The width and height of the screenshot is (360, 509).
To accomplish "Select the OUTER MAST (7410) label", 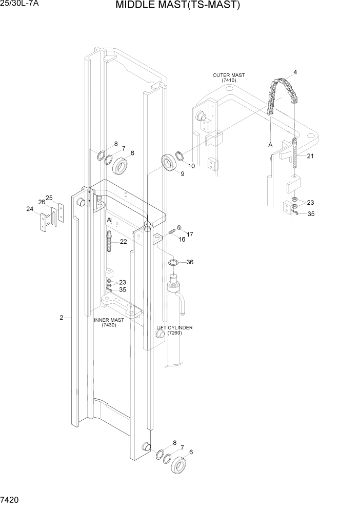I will click(x=228, y=78).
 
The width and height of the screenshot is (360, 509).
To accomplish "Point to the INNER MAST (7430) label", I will click(x=109, y=322).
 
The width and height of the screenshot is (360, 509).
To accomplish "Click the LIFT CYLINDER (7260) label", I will click(x=174, y=330).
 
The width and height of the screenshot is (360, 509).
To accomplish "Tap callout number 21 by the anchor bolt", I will click(x=310, y=156).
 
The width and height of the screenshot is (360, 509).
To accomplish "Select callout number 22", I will click(x=123, y=242).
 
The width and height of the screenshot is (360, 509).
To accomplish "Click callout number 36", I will click(x=190, y=262).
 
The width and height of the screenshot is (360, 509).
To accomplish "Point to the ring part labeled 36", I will click(x=174, y=263).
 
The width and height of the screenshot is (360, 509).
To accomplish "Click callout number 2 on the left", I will click(x=62, y=318).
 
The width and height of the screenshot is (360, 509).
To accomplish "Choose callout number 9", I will click(x=182, y=174).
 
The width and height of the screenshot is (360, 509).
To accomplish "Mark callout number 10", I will click(x=191, y=166).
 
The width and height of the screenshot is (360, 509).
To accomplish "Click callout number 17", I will click(x=190, y=234).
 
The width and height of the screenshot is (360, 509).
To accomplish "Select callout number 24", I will click(x=30, y=209).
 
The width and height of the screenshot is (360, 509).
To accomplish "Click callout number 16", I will click(x=182, y=240).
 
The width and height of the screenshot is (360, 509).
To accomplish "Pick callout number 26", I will click(x=42, y=202).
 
